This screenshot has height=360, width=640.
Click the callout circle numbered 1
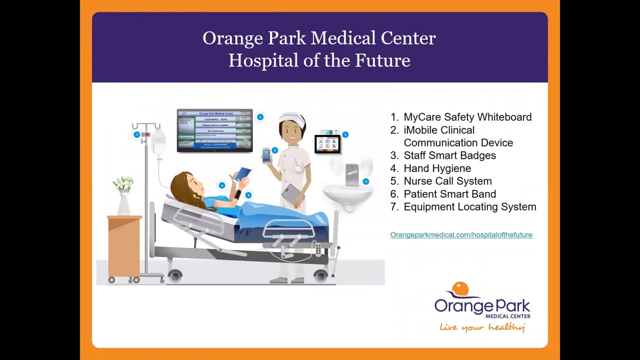point(260,117)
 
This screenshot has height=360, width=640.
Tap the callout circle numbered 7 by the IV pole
point(136,134)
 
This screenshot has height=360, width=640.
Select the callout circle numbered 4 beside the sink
point(366,181)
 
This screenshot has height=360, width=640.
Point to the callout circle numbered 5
point(345,134)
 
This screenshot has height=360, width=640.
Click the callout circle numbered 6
point(222,185)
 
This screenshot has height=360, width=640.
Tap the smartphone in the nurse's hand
point(266,155)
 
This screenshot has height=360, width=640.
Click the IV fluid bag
point(158,143)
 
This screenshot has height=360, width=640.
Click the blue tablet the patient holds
point(243,173)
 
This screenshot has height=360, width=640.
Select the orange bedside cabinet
point(124,245)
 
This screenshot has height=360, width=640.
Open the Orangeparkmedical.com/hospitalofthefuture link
point(461,234)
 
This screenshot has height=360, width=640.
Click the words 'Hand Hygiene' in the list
point(437,168)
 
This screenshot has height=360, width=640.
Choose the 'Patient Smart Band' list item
point(449,194)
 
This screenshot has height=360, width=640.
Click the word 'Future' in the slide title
point(382,60)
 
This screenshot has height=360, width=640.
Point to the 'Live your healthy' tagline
point(482,327)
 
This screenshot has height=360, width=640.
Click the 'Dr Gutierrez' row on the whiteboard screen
point(214,131)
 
